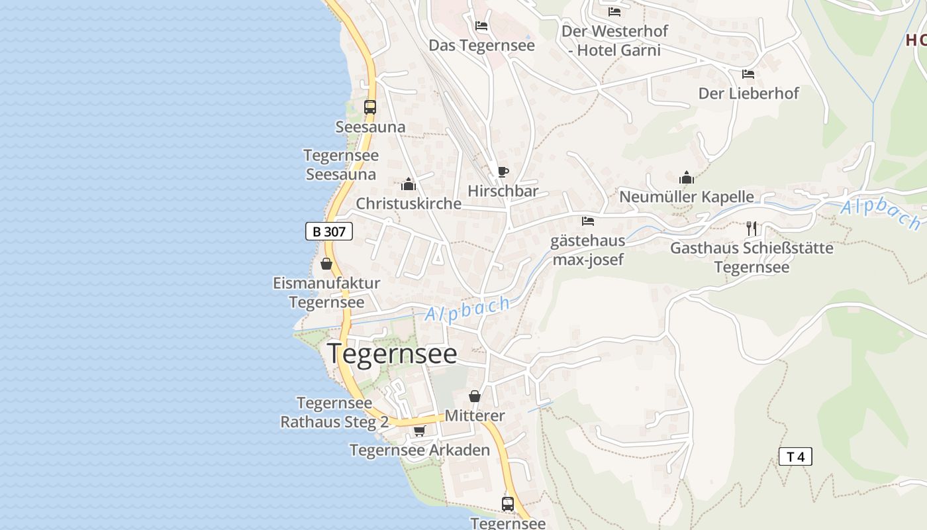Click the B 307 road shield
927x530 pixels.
point(329,231)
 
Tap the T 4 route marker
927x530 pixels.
point(795,456)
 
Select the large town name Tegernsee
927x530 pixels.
point(392,354)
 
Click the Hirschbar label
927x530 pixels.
point(503,191)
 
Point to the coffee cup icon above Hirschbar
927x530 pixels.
point(503,172)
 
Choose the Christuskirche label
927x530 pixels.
point(409,203)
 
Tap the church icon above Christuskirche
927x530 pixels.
point(409,184)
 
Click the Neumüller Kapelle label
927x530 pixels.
point(687,197)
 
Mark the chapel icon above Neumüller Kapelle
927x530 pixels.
point(687,178)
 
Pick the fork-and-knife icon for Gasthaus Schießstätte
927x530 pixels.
point(752,229)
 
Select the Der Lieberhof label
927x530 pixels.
point(749,93)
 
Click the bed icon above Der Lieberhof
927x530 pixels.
point(748,74)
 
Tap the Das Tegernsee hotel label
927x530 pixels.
point(482,45)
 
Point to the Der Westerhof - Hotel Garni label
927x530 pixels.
point(615,40)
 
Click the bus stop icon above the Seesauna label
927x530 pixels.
point(370,107)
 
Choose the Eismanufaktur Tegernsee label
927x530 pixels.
point(326,292)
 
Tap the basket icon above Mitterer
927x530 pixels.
point(475,396)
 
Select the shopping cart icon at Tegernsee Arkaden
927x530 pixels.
point(419,431)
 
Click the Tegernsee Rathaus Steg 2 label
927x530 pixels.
point(334,412)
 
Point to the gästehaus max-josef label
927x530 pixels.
point(588,250)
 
